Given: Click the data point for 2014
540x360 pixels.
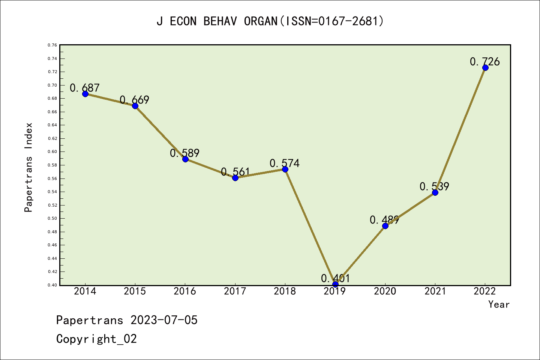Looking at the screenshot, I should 85,94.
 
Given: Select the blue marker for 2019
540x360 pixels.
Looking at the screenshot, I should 335,284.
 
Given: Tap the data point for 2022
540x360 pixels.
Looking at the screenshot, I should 485,68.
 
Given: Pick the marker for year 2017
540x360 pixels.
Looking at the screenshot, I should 235,178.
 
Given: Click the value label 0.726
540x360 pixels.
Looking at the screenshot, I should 484,61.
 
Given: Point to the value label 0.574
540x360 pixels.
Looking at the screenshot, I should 285,163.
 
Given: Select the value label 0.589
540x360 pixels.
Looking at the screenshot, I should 184,153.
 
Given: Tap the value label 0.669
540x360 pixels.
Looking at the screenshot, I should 134,100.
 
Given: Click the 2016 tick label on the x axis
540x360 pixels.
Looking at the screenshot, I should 185,291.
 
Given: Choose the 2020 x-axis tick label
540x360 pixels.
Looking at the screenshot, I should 385,291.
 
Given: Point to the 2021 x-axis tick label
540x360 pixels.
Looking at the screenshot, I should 435,291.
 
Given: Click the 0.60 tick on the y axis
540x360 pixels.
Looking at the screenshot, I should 52,152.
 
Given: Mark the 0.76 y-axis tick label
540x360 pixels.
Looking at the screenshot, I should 52,45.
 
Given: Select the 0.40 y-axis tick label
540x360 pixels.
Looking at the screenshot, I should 52,285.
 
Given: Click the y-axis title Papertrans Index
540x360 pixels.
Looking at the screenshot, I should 28,167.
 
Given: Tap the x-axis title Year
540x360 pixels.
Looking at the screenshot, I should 499,304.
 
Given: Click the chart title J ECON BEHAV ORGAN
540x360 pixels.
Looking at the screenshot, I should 270,21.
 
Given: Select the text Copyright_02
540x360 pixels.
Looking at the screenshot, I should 96,339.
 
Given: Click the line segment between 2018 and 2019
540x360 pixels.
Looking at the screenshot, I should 310,227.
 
